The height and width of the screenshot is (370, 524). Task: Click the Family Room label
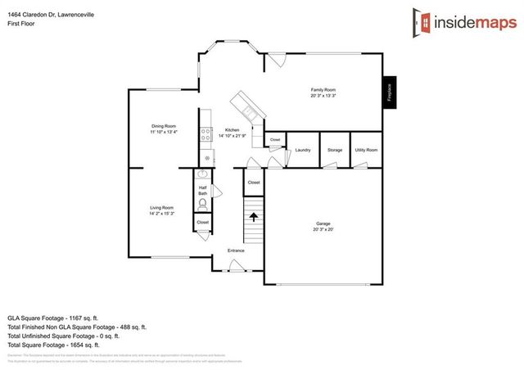point(323,89)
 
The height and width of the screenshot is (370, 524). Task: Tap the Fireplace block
point(390,92)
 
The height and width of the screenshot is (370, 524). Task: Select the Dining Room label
point(163,126)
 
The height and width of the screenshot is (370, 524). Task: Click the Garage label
point(323,223)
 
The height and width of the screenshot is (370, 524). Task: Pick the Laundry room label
point(302,151)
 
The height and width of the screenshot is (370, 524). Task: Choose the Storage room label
point(334,151)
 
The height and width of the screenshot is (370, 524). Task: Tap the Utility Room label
point(366,151)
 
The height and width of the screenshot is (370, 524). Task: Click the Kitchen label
point(233,130)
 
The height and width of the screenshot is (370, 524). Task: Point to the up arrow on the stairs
point(254,217)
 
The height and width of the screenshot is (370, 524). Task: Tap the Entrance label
point(236,250)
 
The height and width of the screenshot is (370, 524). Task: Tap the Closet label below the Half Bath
point(202,223)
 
